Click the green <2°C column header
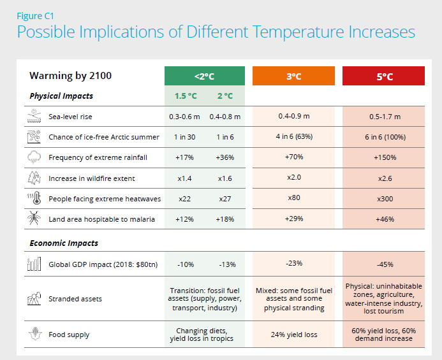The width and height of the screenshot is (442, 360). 204,76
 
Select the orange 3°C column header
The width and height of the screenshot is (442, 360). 293,76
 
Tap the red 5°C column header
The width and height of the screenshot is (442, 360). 385,76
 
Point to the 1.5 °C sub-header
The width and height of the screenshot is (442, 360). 186,96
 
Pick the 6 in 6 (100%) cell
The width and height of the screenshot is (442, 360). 385,137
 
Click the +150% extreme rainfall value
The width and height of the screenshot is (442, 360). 385,157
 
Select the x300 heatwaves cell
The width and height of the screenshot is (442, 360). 385,198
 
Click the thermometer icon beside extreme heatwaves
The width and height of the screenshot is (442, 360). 34,199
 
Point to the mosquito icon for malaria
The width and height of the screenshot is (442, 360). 34,219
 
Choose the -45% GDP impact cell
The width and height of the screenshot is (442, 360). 385,264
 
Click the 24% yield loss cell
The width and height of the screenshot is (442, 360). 294,335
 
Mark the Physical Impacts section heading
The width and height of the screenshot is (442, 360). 61,96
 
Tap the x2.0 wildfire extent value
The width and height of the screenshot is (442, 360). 294,177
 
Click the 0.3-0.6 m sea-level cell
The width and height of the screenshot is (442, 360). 185,117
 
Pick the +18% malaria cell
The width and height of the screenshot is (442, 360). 225,219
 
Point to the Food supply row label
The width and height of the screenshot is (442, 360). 68,334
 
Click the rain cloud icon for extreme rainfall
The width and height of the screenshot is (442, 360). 34,157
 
